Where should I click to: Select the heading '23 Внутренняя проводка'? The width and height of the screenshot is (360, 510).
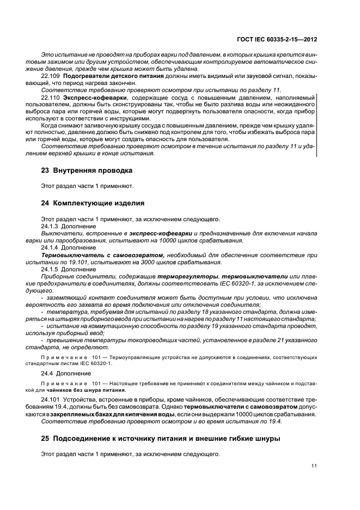click(87, 171)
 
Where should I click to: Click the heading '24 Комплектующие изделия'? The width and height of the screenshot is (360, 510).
click(93, 203)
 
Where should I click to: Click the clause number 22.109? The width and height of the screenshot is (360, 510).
click(51, 76)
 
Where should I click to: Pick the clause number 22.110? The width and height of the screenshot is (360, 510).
click(51, 97)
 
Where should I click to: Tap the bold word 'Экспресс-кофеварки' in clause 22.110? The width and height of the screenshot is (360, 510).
click(89, 97)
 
